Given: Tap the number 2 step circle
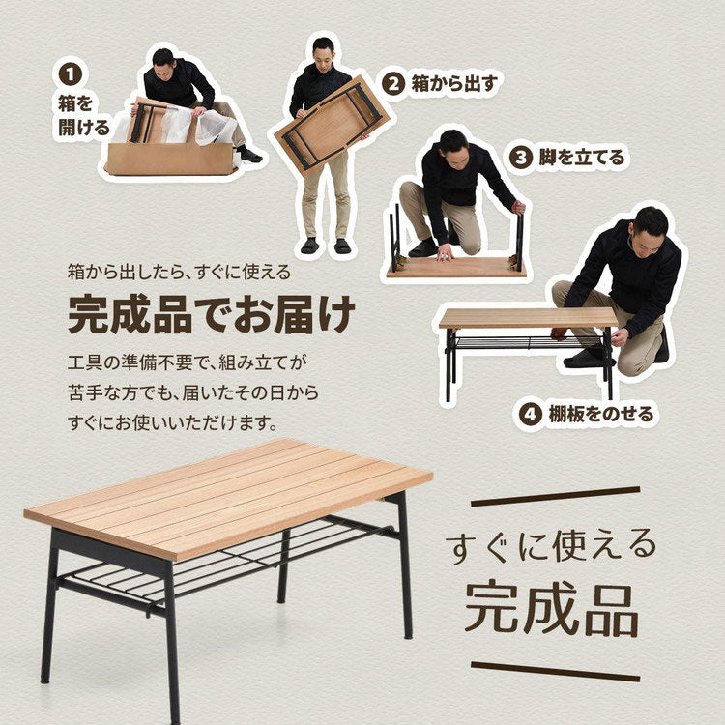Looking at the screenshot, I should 392,83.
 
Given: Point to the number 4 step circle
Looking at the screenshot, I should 529,415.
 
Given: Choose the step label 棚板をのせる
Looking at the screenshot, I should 598,415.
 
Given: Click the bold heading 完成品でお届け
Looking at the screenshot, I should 211,313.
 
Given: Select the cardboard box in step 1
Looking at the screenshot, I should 170,159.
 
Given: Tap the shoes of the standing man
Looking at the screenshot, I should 325,246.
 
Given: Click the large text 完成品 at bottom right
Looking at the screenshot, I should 551,606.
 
